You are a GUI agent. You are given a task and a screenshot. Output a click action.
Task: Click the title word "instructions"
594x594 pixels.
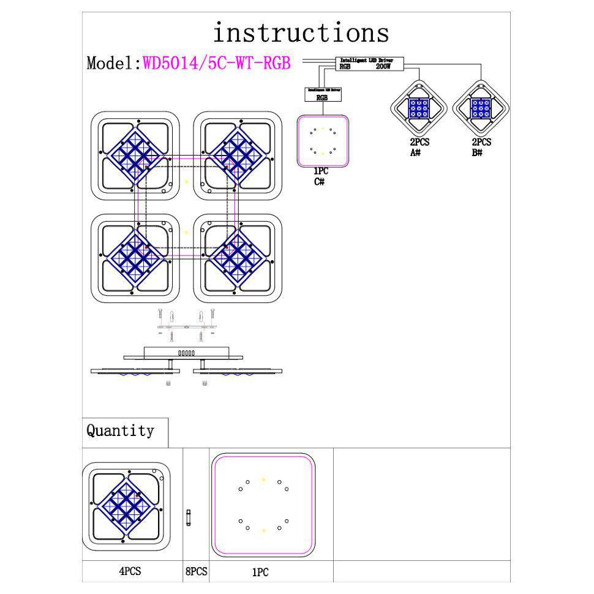(x=301, y=32)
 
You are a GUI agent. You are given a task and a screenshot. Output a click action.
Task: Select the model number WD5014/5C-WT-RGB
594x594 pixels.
(x=217, y=63)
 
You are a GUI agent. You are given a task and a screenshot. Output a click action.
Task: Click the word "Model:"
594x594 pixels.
(x=114, y=63)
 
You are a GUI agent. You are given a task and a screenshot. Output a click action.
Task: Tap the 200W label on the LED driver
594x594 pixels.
(x=383, y=66)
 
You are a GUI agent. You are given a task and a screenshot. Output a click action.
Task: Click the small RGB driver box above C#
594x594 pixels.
(x=322, y=94)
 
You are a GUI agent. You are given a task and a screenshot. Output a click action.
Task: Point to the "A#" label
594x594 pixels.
(x=416, y=152)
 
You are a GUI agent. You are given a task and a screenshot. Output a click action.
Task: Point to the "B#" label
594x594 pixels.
(x=477, y=152)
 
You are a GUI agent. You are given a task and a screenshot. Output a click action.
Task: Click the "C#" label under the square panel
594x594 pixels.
(x=320, y=181)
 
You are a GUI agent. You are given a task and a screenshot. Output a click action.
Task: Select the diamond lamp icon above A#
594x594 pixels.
(x=419, y=108)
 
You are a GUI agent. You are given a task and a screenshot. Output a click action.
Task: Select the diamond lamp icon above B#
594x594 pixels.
(x=481, y=108)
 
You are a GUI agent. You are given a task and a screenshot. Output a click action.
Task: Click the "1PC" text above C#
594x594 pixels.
(x=321, y=172)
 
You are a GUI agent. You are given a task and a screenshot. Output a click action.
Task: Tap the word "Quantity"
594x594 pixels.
(x=120, y=430)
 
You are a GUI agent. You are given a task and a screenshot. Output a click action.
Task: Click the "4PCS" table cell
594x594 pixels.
(x=130, y=571)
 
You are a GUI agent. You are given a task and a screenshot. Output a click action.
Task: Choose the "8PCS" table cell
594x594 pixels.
(x=196, y=571)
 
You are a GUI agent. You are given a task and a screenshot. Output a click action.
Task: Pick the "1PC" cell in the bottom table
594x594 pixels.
(x=260, y=573)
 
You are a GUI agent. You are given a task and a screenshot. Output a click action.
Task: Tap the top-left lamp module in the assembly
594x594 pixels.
(x=135, y=156)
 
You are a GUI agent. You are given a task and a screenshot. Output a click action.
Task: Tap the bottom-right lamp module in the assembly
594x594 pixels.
(x=238, y=258)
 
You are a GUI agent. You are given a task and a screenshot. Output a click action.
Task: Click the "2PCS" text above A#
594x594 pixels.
(x=419, y=142)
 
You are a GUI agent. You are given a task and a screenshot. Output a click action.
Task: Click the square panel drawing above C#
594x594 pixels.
(x=323, y=141)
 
